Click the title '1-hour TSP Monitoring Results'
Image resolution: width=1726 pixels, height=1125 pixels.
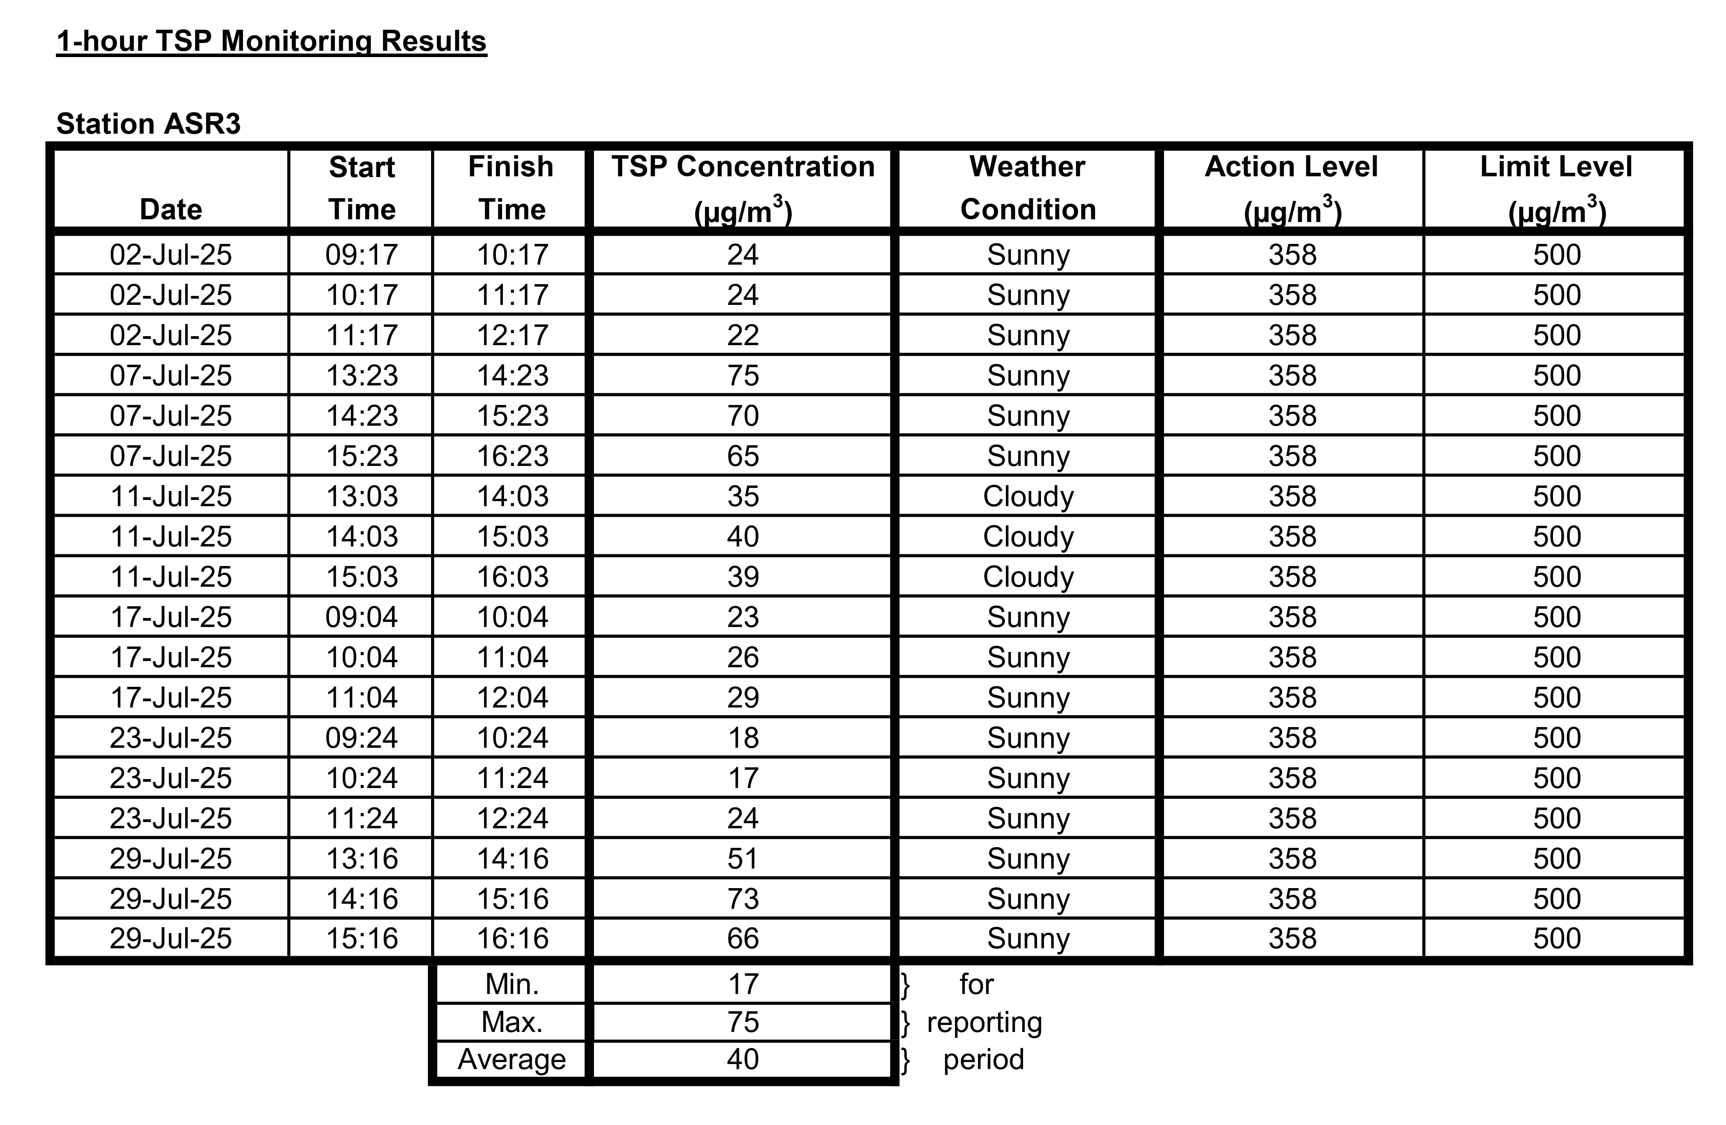(x=271, y=41)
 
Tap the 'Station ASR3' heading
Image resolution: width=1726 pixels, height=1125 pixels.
(x=148, y=124)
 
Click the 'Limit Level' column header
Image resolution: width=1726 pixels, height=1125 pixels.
(x=1556, y=188)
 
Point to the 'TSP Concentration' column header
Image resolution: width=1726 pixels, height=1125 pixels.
(x=742, y=188)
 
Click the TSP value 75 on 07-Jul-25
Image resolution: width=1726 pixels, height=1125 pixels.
(x=742, y=376)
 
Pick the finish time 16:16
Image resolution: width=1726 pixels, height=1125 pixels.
(x=512, y=939)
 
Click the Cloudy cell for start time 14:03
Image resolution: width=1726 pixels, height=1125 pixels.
(x=1028, y=537)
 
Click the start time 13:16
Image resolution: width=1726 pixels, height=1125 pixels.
(x=361, y=859)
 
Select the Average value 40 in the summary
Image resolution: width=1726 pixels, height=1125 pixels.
(x=742, y=1060)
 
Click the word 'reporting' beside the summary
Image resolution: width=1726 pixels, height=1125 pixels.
(x=984, y=1023)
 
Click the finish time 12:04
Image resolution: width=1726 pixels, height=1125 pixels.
(x=512, y=698)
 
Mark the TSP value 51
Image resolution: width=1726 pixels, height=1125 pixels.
(x=742, y=859)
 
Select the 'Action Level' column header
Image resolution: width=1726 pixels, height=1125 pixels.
(x=1291, y=188)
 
